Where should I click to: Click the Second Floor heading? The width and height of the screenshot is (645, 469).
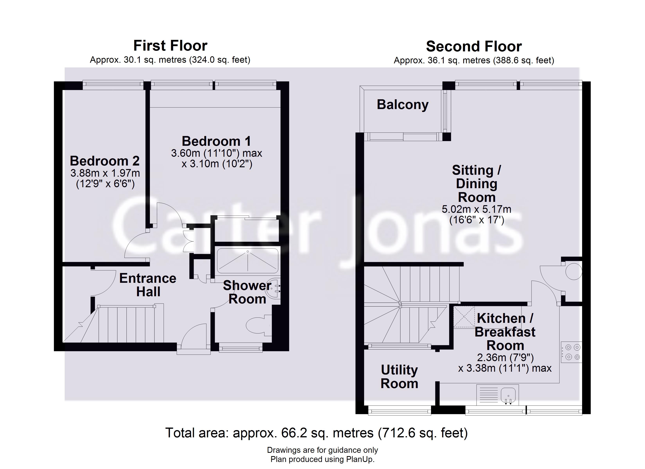point(474,46)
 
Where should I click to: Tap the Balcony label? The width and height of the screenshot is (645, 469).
point(402,105)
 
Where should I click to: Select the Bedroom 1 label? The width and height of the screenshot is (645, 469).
point(216,141)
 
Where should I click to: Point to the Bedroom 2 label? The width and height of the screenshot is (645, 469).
point(105,161)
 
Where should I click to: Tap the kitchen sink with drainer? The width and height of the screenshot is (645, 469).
point(497,395)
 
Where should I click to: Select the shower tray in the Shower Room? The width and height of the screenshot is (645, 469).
point(247,260)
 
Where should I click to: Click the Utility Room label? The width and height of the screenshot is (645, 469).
point(399,377)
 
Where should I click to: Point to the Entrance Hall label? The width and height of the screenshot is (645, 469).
point(148,285)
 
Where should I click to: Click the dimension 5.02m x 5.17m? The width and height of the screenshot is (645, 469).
point(476,209)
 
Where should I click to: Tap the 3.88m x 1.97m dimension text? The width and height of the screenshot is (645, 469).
point(105,173)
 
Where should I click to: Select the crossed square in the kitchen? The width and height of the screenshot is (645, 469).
point(464,317)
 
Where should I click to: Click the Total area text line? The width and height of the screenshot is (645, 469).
point(316,433)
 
